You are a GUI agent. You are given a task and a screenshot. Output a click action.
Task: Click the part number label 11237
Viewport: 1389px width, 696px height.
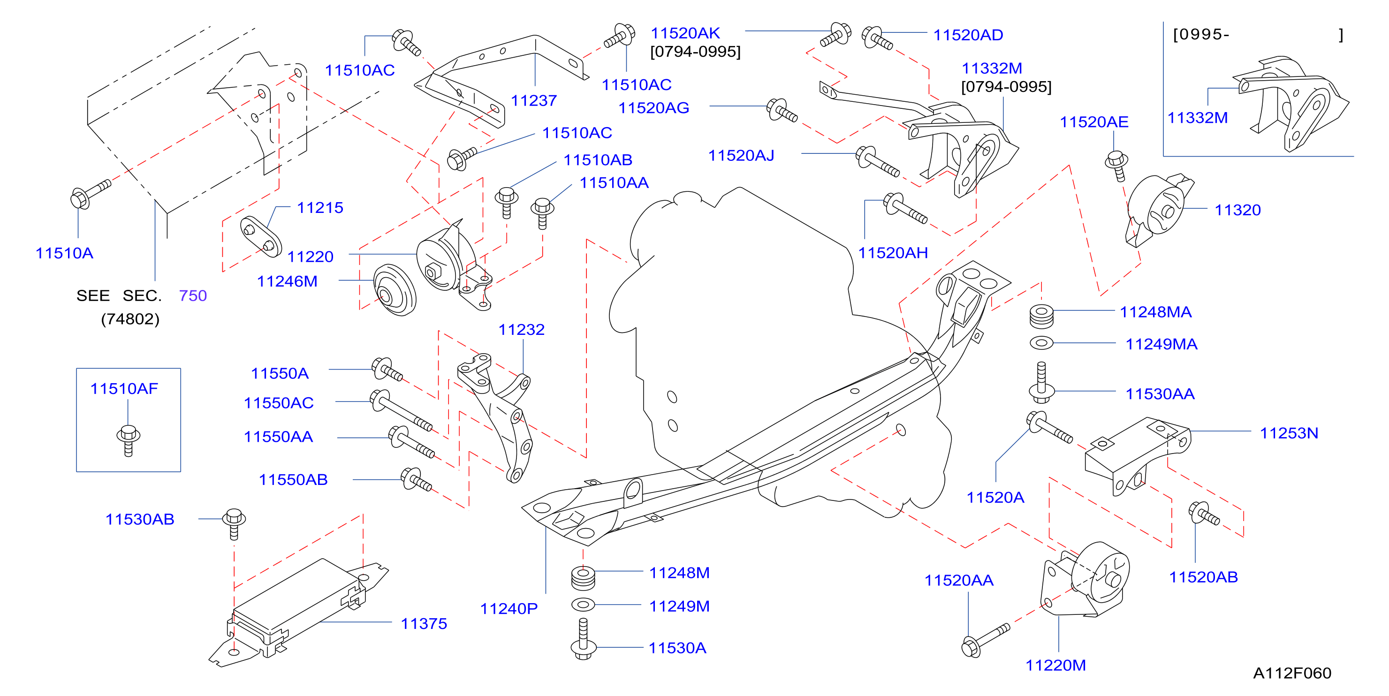pos(533,101)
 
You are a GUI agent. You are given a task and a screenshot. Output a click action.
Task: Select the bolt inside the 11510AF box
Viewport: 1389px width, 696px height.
pos(129,440)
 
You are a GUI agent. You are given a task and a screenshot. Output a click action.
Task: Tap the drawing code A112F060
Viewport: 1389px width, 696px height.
pos(1292,673)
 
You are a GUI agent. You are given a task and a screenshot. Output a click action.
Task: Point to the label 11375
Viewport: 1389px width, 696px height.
pos(424,624)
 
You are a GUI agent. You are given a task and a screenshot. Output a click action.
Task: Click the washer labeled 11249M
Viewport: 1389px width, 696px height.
pos(583,605)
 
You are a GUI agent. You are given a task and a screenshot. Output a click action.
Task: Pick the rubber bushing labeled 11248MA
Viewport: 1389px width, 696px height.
pos(1041,317)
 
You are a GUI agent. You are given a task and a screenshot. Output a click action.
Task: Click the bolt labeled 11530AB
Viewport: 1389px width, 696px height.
pos(234,523)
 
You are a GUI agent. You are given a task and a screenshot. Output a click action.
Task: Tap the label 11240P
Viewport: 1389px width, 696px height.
pos(509,609)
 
